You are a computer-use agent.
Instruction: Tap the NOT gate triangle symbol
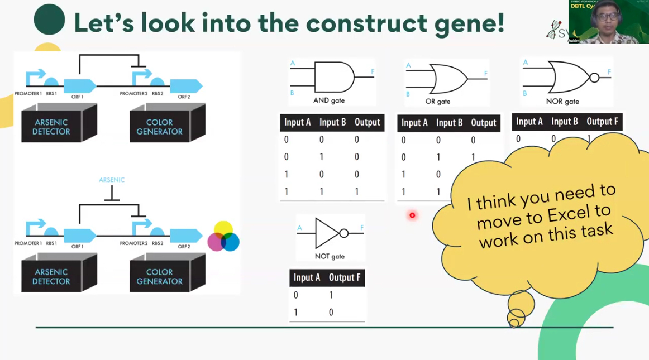click(327, 233)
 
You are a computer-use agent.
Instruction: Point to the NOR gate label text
click(562, 102)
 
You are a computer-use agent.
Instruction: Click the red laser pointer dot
click(412, 215)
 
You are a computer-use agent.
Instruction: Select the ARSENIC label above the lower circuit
click(112, 180)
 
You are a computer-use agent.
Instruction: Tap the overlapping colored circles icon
click(223, 237)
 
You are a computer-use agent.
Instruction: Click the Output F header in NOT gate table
click(345, 277)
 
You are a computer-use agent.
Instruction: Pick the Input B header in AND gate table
click(332, 122)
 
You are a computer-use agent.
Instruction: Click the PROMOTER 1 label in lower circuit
click(28, 243)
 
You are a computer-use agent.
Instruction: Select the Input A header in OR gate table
click(414, 123)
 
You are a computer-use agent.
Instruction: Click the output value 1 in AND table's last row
click(357, 191)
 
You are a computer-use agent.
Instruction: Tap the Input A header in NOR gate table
click(529, 122)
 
